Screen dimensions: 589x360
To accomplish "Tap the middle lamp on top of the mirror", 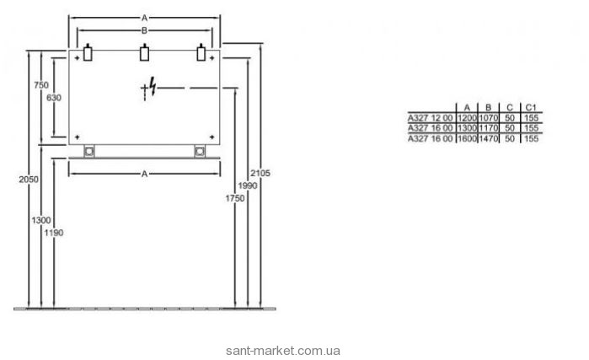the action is (x=143, y=55).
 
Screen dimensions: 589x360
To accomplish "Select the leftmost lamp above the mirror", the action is (x=88, y=55).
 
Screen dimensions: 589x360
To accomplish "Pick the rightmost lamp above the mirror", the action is (x=200, y=55).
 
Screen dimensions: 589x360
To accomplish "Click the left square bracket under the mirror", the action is (x=89, y=152).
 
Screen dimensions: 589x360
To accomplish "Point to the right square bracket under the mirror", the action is (x=200, y=152).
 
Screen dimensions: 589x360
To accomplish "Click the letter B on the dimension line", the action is (x=144, y=30).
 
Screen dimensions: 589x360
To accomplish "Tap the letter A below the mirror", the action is (x=144, y=173).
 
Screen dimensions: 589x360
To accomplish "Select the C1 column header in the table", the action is (x=530, y=108).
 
